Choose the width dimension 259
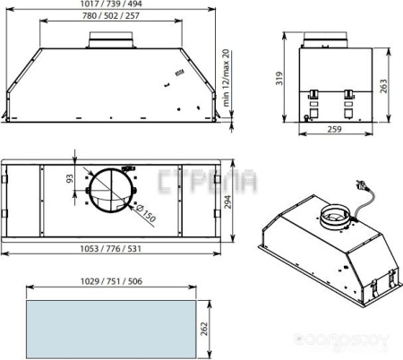332,130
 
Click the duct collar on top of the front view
112,39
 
